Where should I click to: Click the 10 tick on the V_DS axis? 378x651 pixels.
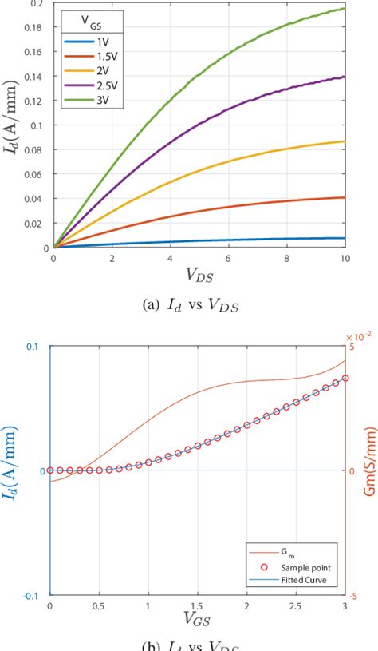pyautogui.click(x=344, y=260)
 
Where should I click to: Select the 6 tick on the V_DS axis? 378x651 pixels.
pyautogui.click(x=228, y=260)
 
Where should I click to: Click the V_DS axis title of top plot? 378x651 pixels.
pyautogui.click(x=199, y=275)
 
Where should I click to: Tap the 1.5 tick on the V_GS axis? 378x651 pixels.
pyautogui.click(x=198, y=606)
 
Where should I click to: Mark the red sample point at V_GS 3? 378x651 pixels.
pyautogui.click(x=345, y=378)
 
